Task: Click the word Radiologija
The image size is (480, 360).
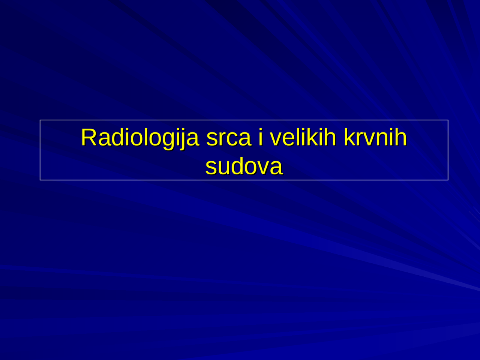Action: point(139,137)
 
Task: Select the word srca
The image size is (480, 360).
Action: point(228,137)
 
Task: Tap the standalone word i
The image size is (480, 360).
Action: point(260,137)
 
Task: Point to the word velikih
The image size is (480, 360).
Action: point(303,137)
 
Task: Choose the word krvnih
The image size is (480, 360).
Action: point(375,137)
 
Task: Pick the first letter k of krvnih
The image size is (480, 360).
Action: point(349,137)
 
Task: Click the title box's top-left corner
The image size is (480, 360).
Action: point(40,120)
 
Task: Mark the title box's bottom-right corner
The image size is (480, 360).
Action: point(448,180)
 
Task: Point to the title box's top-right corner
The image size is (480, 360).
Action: point(448,120)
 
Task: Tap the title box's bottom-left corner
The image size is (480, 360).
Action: point(40,180)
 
